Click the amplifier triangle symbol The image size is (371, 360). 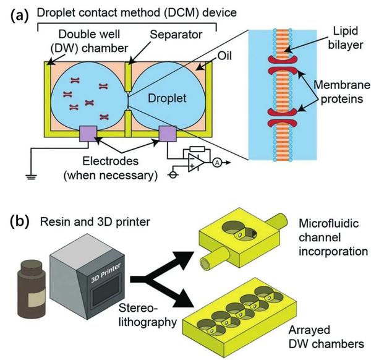click(x=197, y=163)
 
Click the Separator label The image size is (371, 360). click(x=171, y=36)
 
